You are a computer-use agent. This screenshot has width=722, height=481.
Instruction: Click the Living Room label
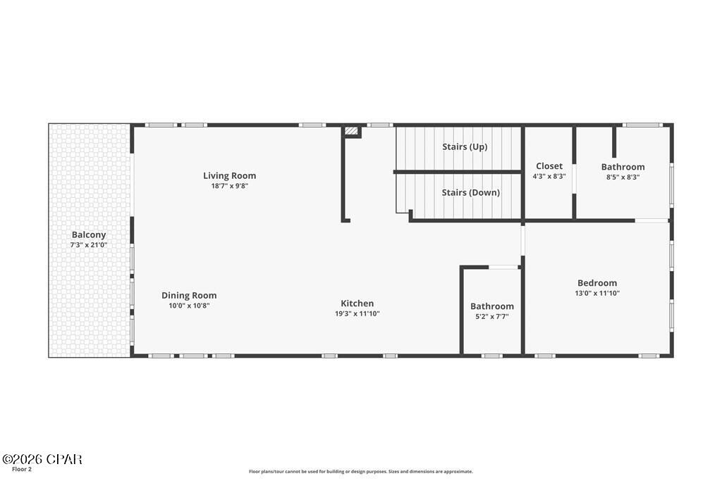point(229,175)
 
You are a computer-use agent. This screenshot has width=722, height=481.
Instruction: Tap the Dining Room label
point(189,295)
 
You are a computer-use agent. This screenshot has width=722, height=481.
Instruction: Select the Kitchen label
point(357,304)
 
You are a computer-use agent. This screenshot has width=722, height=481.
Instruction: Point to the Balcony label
point(89,235)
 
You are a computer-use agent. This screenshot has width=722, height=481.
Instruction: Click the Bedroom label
point(596,283)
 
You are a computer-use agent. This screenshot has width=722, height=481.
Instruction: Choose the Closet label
point(549,166)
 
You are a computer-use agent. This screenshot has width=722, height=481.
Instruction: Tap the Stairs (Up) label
point(465,146)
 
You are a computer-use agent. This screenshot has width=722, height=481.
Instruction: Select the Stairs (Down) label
point(470,192)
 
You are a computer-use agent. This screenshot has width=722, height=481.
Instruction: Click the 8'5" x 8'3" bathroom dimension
point(623,177)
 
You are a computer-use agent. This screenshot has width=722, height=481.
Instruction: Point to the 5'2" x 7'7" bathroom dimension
point(492,316)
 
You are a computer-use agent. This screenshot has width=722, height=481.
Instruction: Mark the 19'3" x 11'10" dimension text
point(357,314)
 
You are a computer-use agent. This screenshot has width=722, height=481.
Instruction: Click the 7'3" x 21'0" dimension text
point(89,245)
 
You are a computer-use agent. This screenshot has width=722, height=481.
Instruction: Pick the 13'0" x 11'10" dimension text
point(596,294)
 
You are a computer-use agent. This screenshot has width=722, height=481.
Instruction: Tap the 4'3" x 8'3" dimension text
point(549,177)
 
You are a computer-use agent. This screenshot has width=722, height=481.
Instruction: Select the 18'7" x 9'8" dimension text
point(229,186)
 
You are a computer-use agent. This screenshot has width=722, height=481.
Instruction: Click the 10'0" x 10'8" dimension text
point(189,306)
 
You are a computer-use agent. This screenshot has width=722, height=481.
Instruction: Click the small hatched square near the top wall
point(352,131)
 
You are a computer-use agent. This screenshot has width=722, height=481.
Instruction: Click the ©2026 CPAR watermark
point(42,459)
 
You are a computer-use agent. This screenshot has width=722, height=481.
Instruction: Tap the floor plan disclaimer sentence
point(360,472)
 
